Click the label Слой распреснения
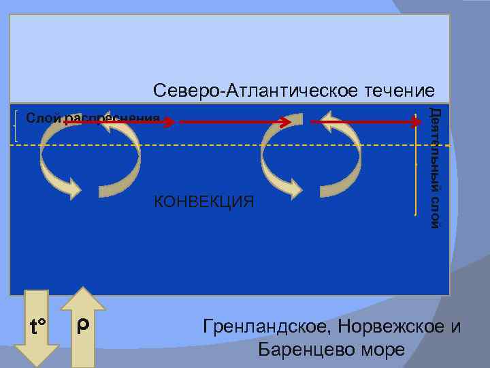93,119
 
